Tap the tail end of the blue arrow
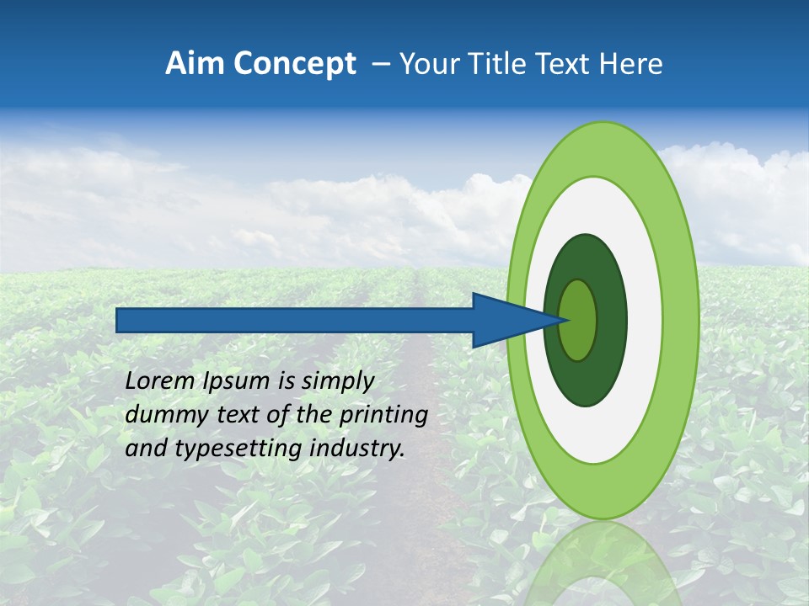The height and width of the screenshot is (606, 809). point(118,320)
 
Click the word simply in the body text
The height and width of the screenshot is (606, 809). point(337,381)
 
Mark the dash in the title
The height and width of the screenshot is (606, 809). point(381,64)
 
